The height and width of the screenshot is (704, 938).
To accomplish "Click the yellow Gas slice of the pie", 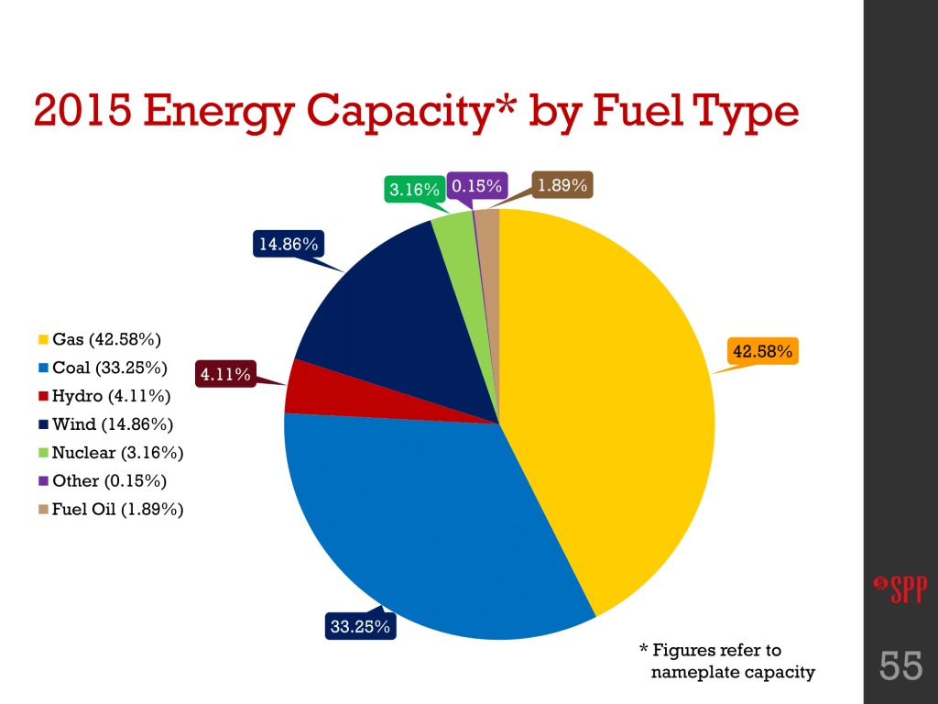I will click(x=605, y=403).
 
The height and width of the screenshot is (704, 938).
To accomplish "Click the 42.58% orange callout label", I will click(x=762, y=350).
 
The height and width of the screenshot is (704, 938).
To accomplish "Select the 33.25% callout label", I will click(x=359, y=627).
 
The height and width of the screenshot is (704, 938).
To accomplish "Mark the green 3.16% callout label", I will click(x=409, y=190).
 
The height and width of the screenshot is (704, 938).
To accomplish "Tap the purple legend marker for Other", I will click(x=43, y=481).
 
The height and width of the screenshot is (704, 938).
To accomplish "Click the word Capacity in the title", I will click(x=415, y=113).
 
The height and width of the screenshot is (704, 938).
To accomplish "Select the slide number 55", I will click(x=900, y=666).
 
